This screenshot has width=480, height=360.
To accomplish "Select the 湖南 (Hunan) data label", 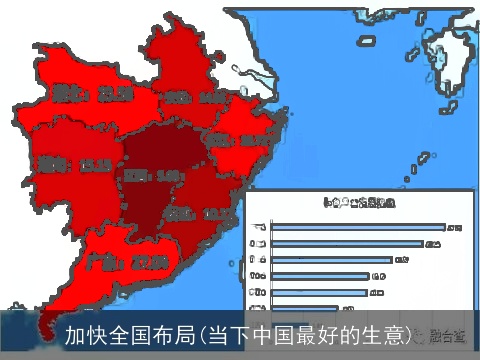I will (59, 163).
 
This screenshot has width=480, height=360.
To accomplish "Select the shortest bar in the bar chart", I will (304, 308).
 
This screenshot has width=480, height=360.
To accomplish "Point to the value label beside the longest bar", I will (454, 229).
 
